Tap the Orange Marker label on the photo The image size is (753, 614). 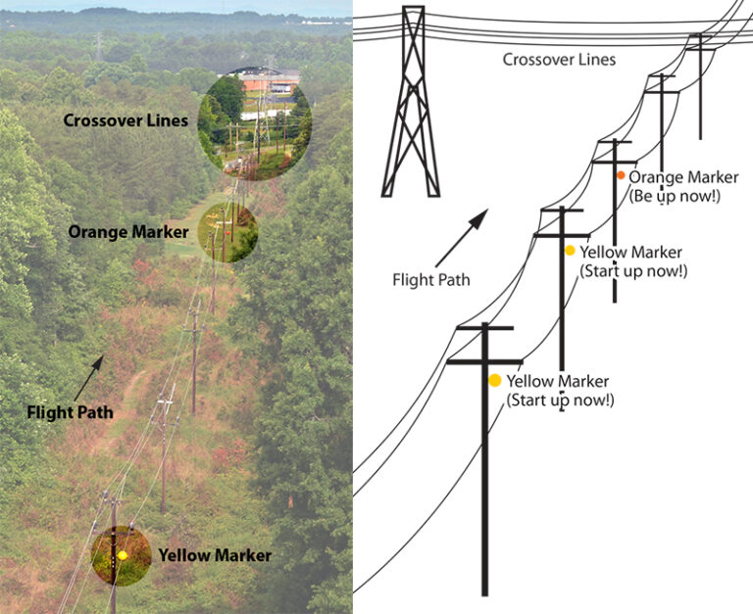coord(128,233)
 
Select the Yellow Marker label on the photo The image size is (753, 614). coord(215,556)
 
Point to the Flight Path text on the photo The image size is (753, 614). coord(70,413)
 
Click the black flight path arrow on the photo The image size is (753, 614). coord(87,374)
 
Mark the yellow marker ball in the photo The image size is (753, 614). coord(123,555)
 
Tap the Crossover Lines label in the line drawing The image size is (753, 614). coord(559,60)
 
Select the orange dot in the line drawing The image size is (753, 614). coord(621,175)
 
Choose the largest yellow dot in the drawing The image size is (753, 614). coord(495,380)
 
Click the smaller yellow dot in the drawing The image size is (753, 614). coord(570,251)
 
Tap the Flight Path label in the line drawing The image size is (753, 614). coord(431,280)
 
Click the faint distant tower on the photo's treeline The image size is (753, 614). coord(98,45)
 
